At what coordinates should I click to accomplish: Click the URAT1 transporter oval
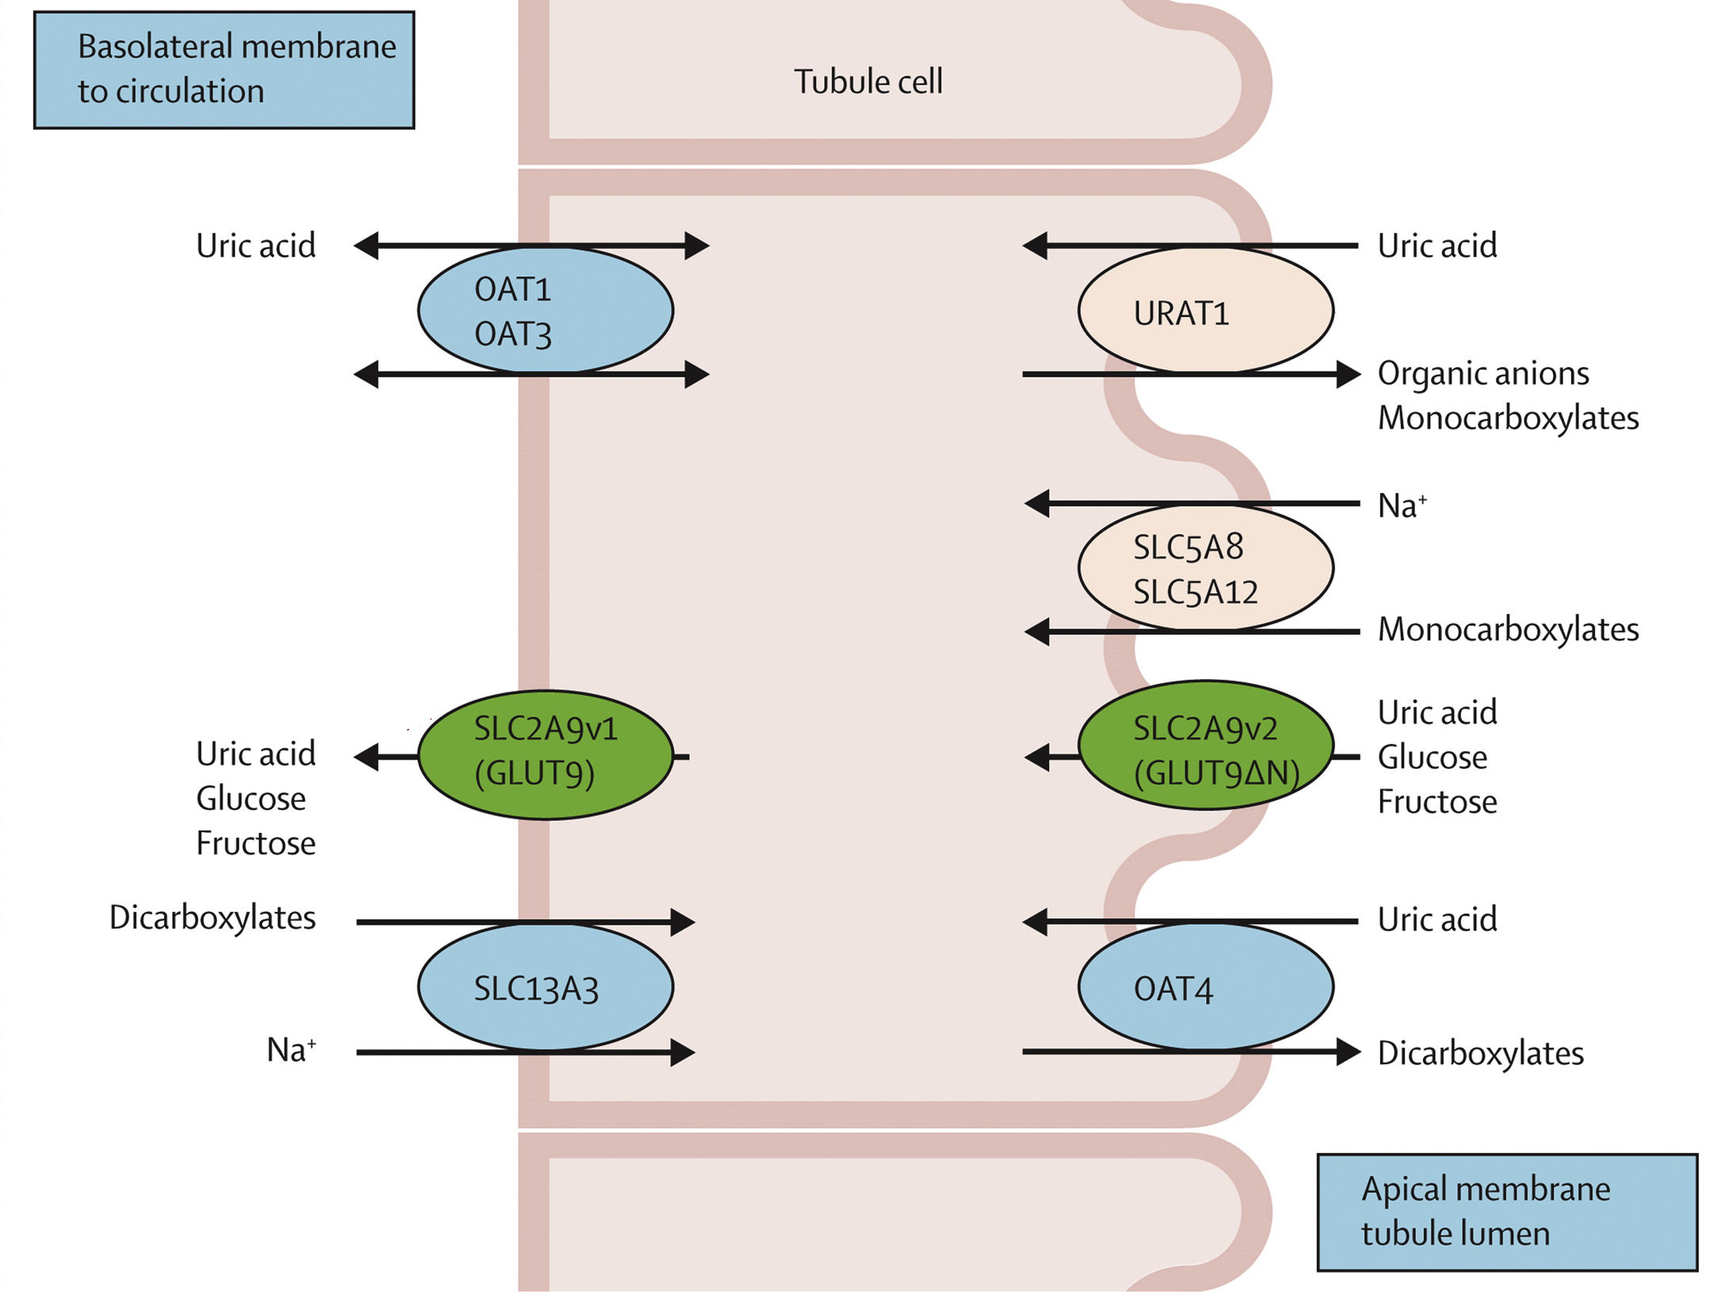1204,311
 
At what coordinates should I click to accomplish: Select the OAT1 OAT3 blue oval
545,311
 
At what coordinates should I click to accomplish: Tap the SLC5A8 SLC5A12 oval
1204,568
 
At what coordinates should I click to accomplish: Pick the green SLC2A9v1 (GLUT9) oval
545,754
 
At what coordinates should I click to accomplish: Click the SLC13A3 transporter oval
545,987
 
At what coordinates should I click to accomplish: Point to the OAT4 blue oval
1204,987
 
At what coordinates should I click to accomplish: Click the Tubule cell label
868,82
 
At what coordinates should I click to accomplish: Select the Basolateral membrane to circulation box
224,70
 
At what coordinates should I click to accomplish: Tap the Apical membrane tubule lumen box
1506,1212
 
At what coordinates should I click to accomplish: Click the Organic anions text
1482,373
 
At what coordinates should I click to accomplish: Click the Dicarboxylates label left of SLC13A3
212,918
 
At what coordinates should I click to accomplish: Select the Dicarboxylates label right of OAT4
1480,1053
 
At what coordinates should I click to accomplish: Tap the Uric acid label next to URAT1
1437,246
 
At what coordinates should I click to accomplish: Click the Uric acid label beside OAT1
255,246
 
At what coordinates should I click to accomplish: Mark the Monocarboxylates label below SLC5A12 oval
1507,630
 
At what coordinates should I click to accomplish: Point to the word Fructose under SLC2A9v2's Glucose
1437,802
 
